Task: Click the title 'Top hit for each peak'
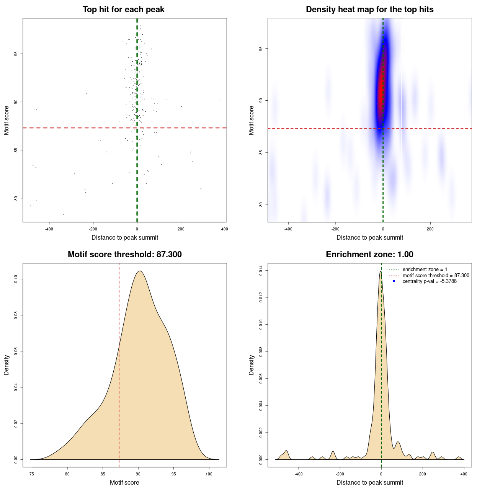pyautogui.click(x=123, y=10)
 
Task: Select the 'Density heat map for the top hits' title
pyautogui.click(x=369, y=10)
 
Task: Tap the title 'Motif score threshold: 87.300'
pyautogui.click(x=124, y=255)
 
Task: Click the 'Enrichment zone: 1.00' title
pyautogui.click(x=369, y=255)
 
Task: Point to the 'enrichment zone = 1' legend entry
pyautogui.click(x=425, y=269)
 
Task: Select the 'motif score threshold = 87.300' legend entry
pyautogui.click(x=436, y=276)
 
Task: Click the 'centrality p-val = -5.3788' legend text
pyautogui.click(x=430, y=281)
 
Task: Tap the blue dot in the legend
pyautogui.click(x=394, y=281)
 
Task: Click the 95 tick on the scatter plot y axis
pyautogui.click(x=16, y=54)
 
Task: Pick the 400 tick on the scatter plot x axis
pyautogui.click(x=225, y=229)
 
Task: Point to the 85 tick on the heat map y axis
pyautogui.click(x=261, y=152)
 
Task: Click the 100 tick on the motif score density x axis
pyautogui.click(x=209, y=474)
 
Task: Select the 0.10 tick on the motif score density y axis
pyautogui.click(x=16, y=279)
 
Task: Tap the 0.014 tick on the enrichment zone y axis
pyautogui.click(x=261, y=271)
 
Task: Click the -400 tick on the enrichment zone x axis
pyautogui.click(x=299, y=474)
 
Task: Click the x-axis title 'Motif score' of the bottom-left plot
pyautogui.click(x=124, y=482)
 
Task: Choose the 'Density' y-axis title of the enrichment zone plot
pyautogui.click(x=252, y=365)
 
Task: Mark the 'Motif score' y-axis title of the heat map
pyautogui.click(x=252, y=120)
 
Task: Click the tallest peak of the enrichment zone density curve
pyautogui.click(x=381, y=271)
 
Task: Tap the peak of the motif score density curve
pyautogui.click(x=140, y=271)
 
